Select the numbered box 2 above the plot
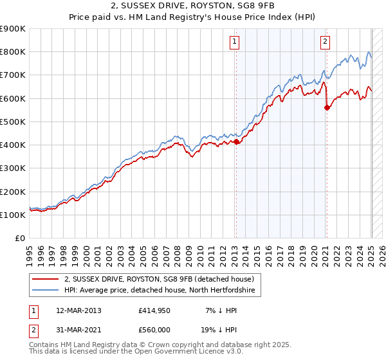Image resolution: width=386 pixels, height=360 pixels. [325, 42]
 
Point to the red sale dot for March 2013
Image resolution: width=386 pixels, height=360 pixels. [236, 141]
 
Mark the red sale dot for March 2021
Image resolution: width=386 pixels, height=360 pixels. [327, 107]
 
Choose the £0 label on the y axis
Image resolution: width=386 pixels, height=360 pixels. [19, 239]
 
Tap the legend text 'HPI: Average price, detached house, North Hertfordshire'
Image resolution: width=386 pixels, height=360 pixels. [160, 291]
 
